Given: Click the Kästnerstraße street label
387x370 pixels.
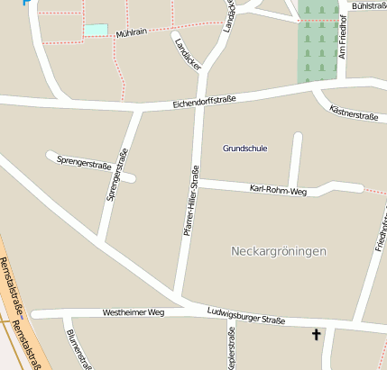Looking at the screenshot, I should [354, 114].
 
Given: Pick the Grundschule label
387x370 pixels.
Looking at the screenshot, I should [245, 148].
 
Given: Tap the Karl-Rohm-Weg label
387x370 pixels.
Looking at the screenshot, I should [278, 190].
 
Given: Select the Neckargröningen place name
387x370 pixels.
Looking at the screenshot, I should [279, 250].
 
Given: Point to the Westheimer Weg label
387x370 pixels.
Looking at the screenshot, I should [134, 312].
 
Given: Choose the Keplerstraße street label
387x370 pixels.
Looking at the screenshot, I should [232, 348].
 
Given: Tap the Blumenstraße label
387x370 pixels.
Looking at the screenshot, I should [78, 348].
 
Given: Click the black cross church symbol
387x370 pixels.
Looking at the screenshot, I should [316, 335].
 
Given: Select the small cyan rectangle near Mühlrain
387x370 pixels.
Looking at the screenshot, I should [95, 30].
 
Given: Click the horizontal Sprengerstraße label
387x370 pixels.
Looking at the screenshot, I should [84, 165].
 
